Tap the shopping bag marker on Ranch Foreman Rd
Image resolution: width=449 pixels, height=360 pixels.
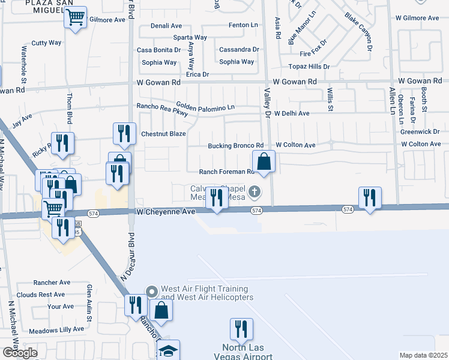(264, 161)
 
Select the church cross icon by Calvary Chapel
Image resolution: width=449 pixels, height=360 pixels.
(255, 192)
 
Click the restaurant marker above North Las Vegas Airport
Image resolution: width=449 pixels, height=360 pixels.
(241, 329)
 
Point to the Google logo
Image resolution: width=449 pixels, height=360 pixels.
(20, 352)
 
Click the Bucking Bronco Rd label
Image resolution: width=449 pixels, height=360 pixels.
(235, 146)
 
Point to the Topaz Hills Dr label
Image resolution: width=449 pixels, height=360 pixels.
(309, 67)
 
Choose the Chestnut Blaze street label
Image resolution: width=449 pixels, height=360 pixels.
(163, 133)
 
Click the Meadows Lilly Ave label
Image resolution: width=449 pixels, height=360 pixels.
(57, 329)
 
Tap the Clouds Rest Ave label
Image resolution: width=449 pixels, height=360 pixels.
(41, 295)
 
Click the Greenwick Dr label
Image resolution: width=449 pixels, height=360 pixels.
(420, 131)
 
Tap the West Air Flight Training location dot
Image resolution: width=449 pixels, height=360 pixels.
(151, 292)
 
